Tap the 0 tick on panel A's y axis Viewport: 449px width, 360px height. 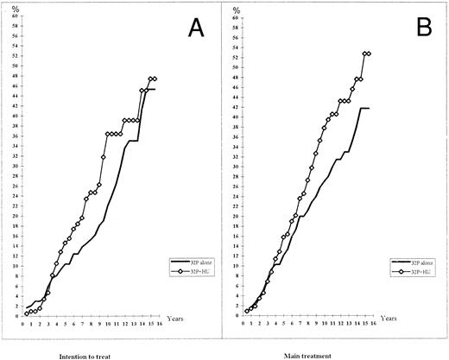11,315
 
